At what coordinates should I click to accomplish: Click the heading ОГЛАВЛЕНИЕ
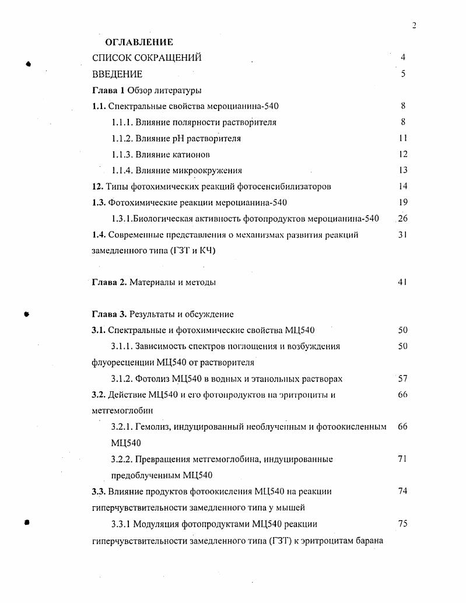(139, 42)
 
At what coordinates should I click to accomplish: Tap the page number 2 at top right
(414, 25)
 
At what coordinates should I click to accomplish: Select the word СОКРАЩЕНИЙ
(169, 58)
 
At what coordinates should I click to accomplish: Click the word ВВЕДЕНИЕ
(117, 74)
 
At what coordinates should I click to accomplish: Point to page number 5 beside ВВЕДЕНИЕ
(403, 74)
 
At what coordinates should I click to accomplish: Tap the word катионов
(190, 155)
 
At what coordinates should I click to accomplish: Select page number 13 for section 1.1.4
(402, 170)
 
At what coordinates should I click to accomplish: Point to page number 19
(402, 203)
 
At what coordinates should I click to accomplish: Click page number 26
(402, 219)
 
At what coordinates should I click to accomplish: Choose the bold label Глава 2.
(109, 282)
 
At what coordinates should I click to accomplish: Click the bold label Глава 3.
(109, 314)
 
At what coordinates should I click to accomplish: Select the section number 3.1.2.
(122, 378)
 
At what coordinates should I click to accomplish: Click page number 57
(402, 378)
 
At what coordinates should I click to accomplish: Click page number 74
(402, 491)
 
